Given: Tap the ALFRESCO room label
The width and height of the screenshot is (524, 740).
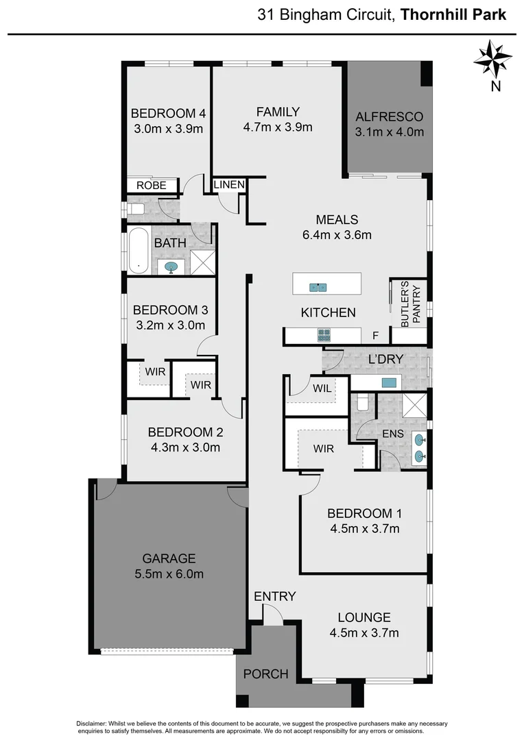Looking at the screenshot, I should coord(389,116).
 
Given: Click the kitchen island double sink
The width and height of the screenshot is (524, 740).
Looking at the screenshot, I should coord(318,287).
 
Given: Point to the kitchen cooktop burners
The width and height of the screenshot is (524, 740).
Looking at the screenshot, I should coord(324,335).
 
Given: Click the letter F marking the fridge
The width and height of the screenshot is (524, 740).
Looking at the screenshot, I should coord(375,336).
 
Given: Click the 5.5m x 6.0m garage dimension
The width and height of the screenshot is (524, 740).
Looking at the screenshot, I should coord(169,574).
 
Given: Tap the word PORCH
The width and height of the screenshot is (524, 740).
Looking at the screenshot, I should coord(266,674).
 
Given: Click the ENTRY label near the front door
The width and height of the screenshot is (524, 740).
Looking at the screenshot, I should coord(274,596).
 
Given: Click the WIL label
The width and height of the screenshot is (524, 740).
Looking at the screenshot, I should coord(322,388).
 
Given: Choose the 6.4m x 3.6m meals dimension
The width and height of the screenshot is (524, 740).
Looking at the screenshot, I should coord(337,235).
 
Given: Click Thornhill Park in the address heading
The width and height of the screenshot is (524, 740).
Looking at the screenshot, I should coord(453,14).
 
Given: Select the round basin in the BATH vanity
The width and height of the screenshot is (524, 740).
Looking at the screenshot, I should coord(169,267).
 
